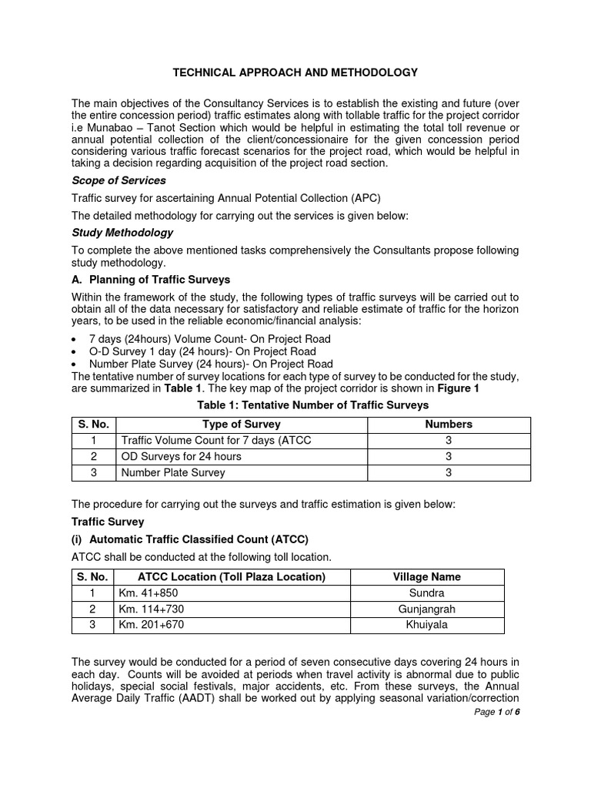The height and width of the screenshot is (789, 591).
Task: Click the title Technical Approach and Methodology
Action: (295, 72)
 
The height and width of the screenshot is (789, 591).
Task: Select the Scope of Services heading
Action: (119, 180)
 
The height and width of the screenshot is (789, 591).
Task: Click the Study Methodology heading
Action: (122, 233)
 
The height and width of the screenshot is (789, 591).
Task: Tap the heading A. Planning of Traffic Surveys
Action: (151, 280)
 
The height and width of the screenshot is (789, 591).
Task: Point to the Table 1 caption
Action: (301, 405)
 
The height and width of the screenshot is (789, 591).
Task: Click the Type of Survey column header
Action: (241, 425)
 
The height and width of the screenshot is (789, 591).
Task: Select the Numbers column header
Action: (449, 425)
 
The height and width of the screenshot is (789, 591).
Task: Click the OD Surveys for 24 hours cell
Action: (182, 456)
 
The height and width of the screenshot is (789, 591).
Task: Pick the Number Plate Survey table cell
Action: (173, 472)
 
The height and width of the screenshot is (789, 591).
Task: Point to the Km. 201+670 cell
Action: (152, 625)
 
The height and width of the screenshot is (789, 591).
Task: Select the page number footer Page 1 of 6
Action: (497, 711)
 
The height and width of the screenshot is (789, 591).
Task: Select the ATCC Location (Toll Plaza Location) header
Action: (231, 577)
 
